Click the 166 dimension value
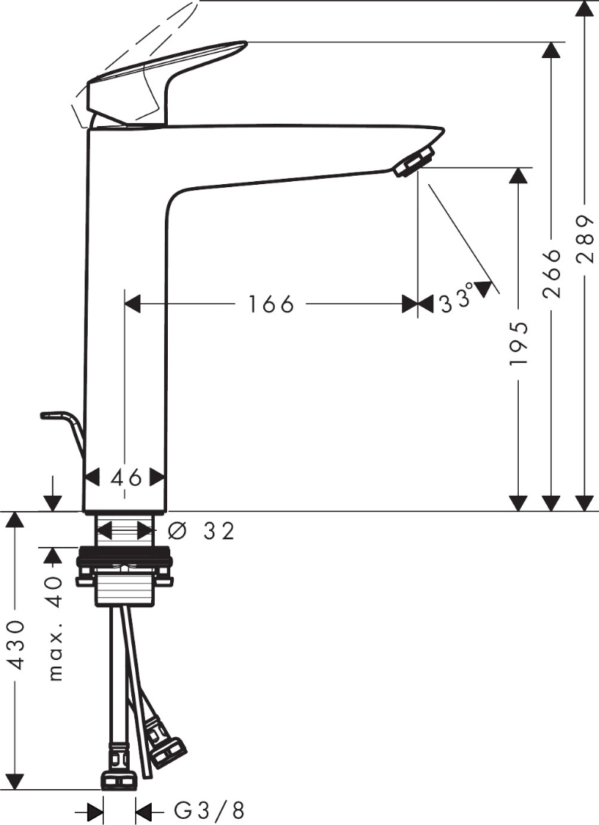270,304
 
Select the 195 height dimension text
519,341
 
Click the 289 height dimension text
585,239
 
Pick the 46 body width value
125,478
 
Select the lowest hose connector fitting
120,780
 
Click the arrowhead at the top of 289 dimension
585,10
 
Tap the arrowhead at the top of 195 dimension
519,176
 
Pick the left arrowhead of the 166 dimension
133,304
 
